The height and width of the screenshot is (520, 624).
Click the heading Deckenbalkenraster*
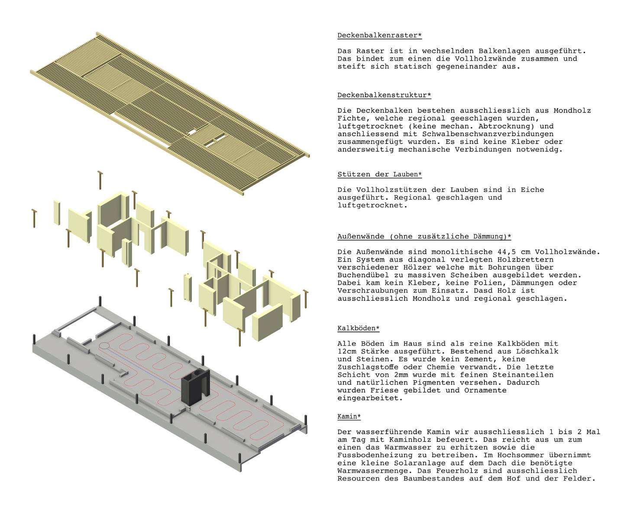(379, 36)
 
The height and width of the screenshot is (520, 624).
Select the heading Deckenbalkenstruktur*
(384, 95)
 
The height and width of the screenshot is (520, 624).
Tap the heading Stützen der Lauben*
(379, 175)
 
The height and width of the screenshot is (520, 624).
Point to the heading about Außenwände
(424, 237)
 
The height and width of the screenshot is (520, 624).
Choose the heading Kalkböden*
(358, 328)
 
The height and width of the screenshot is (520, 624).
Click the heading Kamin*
(349, 417)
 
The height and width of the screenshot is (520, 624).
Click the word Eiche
(532, 190)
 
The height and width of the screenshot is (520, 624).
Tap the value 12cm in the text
(346, 351)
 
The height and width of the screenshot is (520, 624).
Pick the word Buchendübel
(363, 275)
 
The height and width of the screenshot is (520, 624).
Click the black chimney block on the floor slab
(195, 386)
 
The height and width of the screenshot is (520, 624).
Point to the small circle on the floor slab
(104, 346)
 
